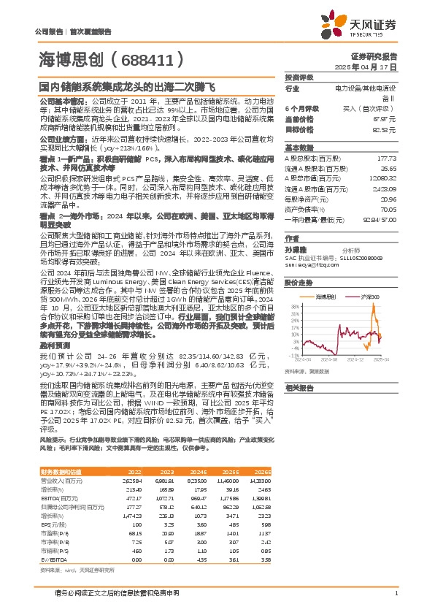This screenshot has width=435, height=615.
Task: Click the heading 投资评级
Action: pos(299,77)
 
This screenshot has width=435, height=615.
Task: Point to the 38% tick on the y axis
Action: pos(294,307)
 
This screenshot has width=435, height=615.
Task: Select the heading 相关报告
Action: pos(299,386)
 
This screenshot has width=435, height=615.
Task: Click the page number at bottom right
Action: pos(395,593)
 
